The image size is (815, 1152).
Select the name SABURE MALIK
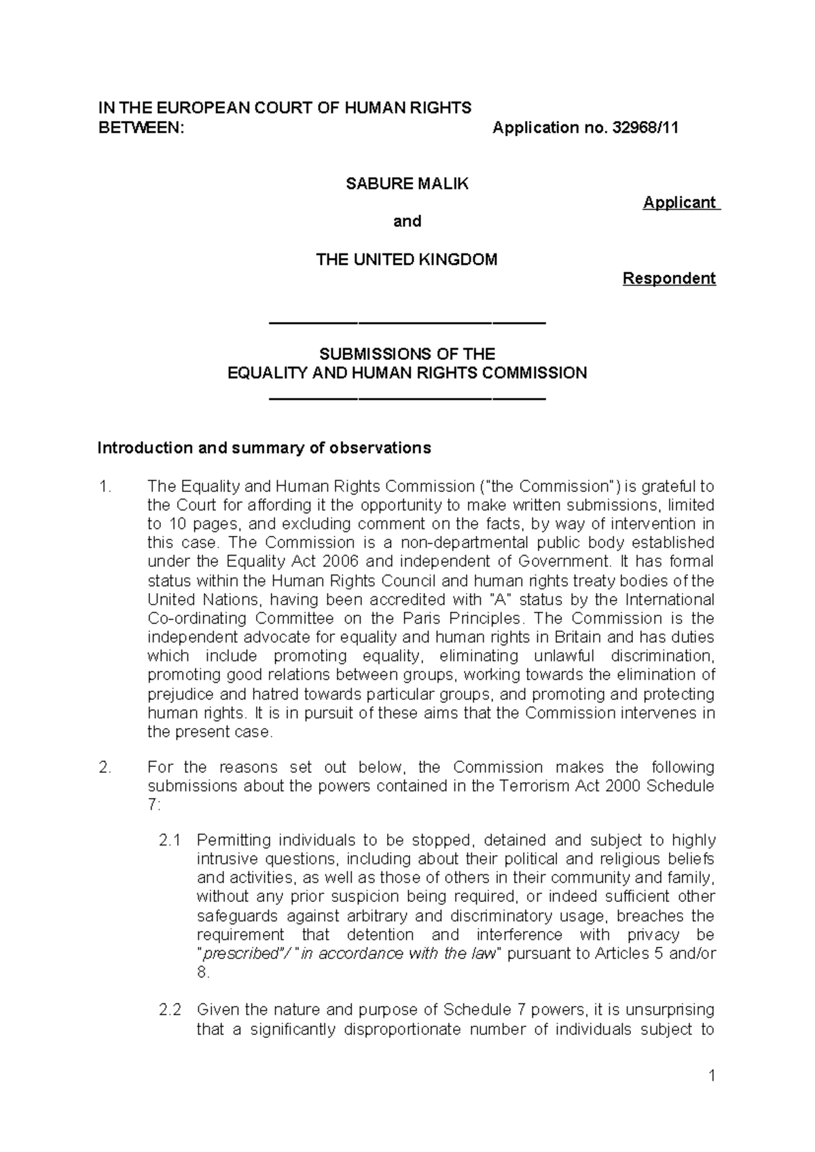pos(407,183)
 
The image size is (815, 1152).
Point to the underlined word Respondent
pos(669,278)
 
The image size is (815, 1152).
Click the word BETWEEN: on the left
pos(141,128)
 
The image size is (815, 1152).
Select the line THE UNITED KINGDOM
pos(407,259)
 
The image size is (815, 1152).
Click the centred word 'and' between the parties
pos(407,221)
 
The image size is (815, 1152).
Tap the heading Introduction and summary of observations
pos(264,448)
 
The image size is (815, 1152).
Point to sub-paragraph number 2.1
pos(170,840)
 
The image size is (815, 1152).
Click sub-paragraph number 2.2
pos(170,1009)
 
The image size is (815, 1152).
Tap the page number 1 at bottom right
pos(711,1075)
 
